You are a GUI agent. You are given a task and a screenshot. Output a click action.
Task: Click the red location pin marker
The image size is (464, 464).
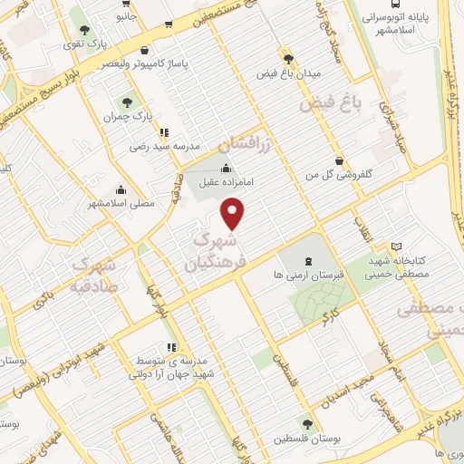tap(234, 214)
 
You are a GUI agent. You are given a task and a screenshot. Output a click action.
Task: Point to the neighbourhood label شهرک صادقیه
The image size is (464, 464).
tap(92, 276)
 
